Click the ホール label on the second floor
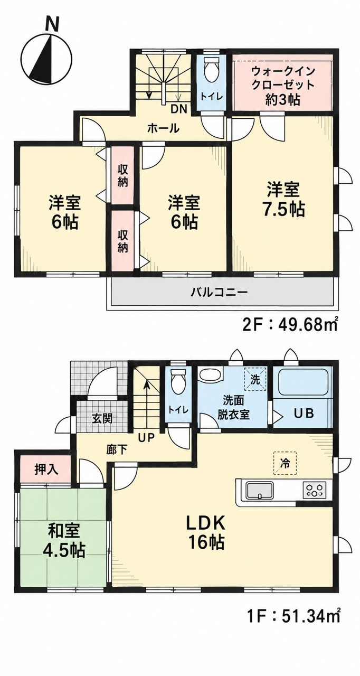pyautogui.click(x=163, y=128)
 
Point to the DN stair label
pyautogui.click(x=179, y=108)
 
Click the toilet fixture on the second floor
pyautogui.click(x=211, y=68)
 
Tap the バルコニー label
pyautogui.click(x=220, y=292)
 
